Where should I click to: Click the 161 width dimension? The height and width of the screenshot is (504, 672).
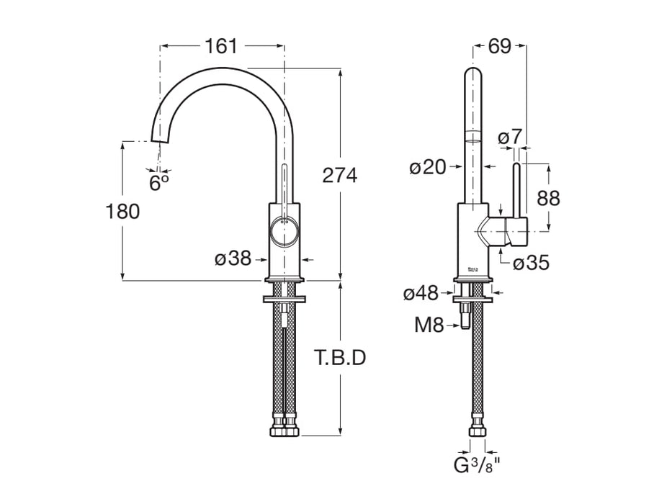pos(220,46)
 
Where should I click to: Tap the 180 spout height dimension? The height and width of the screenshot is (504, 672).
pos(122,211)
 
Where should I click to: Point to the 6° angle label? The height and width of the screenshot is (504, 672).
pos(159,183)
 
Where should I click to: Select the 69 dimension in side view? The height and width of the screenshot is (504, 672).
pos(499,46)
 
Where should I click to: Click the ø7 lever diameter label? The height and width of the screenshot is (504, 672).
pos(511,135)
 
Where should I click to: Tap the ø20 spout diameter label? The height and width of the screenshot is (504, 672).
pos(428,168)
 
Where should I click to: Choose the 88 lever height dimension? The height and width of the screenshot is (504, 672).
pos(548,198)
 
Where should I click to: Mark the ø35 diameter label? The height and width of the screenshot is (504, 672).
pos(531,264)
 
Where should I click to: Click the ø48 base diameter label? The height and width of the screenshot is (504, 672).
pos(421,293)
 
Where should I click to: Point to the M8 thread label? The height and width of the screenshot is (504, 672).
pos(429,325)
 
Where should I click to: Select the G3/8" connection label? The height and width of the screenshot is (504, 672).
pos(477,465)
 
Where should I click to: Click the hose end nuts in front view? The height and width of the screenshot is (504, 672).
pos(285,431)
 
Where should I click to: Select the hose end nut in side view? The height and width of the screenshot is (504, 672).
pos(476,431)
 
